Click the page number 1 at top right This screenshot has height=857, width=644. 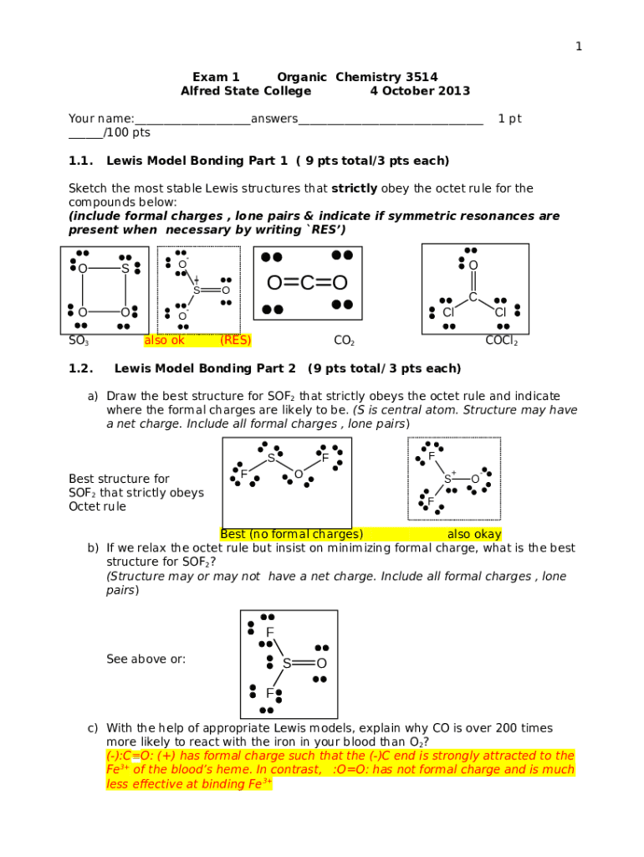[x=578, y=47]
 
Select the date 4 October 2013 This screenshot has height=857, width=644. [x=420, y=91]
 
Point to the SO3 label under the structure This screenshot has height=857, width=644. [x=79, y=341]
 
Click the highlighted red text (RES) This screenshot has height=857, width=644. [x=235, y=341]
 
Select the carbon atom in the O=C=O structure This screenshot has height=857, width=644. [x=307, y=283]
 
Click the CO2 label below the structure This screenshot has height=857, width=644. [x=344, y=341]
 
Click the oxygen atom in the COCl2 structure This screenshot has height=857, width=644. [x=473, y=265]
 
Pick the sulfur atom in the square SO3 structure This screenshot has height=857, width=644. [x=125, y=269]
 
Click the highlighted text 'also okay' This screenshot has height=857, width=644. [x=474, y=534]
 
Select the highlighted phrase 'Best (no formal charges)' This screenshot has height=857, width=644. [x=291, y=534]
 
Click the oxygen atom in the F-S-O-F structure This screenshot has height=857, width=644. [x=298, y=475]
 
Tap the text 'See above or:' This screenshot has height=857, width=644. [x=146, y=659]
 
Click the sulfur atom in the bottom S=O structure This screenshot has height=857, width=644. [x=287, y=664]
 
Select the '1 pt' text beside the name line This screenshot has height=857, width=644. [x=509, y=119]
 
